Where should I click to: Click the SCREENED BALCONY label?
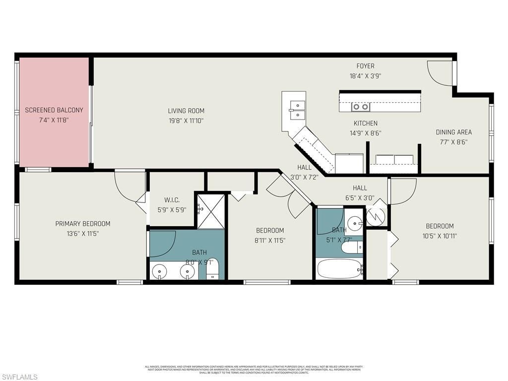(x=54, y=110)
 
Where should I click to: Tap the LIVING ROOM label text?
(x=186, y=111)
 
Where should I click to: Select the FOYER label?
(x=365, y=66)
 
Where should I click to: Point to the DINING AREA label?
(x=453, y=132)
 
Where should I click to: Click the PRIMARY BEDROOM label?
(x=82, y=224)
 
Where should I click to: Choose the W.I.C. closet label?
(x=172, y=200)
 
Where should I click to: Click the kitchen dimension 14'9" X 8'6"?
(x=365, y=133)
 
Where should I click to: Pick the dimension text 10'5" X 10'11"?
(x=440, y=236)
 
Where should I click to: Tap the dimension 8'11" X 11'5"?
(x=270, y=240)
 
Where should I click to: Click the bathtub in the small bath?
(x=340, y=269)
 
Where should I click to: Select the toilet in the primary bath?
(x=212, y=269)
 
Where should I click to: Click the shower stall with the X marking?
(x=211, y=211)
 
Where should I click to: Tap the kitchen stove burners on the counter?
(x=361, y=107)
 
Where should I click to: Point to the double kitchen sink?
(x=298, y=110)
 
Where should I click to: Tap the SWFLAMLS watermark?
(x=19, y=377)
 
